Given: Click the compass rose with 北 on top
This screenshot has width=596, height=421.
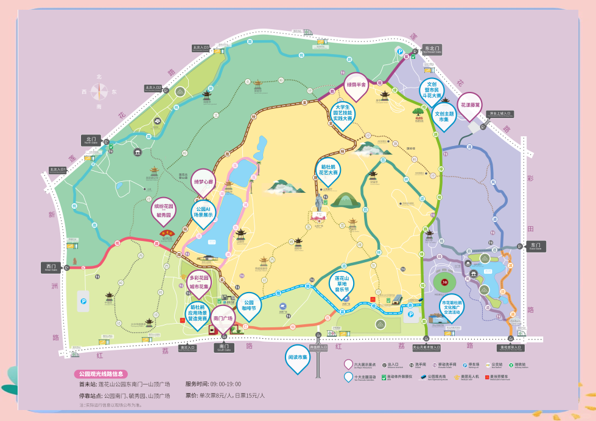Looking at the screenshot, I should point(99,91).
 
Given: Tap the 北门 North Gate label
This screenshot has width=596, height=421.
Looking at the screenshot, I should point(91,139).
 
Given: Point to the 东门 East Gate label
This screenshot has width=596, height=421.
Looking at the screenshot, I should point(535,246).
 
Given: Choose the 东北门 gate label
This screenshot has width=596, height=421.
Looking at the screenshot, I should point(432,49).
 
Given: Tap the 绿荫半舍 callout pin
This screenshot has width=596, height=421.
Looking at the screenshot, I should point(356,85).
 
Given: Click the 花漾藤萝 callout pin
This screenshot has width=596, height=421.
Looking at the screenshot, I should point(469,104).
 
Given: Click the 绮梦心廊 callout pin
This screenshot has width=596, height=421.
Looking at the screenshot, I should point(203,181).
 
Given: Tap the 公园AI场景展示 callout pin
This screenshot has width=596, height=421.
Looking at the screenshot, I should point(204,211).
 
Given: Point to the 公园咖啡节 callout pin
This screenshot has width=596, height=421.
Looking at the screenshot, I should point(249,305).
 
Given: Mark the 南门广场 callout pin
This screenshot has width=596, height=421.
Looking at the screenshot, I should point(223,318).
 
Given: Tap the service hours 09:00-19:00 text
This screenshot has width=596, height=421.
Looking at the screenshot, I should point(218,384).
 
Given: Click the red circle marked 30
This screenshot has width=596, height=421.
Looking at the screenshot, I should point(445,282).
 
